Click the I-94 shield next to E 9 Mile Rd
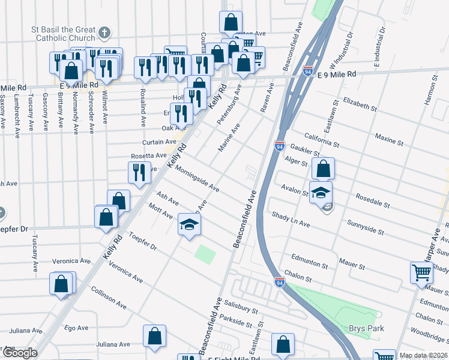coord(309,71)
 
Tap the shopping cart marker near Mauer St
coord(421,272)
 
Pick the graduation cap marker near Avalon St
coord(321,193)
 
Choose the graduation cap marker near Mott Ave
coord(190,225)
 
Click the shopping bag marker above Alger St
coord(323,169)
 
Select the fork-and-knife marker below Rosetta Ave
coord(139,173)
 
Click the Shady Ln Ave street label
coord(290,220)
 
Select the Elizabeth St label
coord(360,106)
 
